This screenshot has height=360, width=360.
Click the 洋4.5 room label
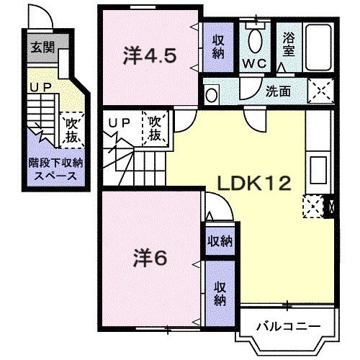(149, 55)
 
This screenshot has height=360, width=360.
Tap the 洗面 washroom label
(279, 92)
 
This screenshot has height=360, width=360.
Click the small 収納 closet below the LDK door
(220, 240)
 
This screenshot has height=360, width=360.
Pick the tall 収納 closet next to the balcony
(220, 292)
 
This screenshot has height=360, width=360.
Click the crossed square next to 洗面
(320, 92)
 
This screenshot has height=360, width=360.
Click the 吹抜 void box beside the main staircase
(155, 127)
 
